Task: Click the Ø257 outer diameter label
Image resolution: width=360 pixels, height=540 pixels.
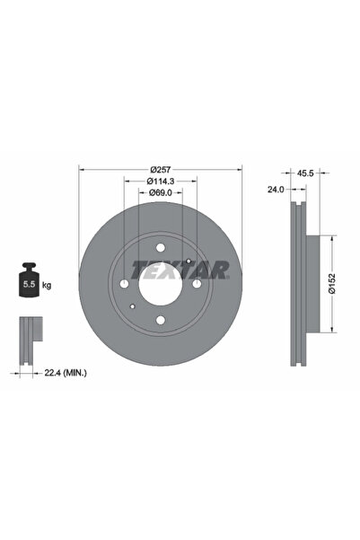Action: coord(160,170)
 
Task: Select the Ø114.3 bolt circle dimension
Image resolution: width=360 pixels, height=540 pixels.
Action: coord(161,181)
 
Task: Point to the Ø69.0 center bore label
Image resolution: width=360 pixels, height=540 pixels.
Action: coord(161,192)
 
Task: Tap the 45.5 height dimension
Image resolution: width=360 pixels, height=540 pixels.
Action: coord(305,173)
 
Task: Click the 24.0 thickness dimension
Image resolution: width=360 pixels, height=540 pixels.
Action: coord(276,189)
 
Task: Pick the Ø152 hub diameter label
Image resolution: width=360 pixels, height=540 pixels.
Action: coord(332,283)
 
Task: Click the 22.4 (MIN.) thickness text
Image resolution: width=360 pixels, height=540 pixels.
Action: coord(66,372)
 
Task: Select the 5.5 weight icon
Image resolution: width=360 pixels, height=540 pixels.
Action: coord(29,279)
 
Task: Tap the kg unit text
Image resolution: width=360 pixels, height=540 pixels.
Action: coord(47,285)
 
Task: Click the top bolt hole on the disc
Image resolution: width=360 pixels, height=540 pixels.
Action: coord(161,248)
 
